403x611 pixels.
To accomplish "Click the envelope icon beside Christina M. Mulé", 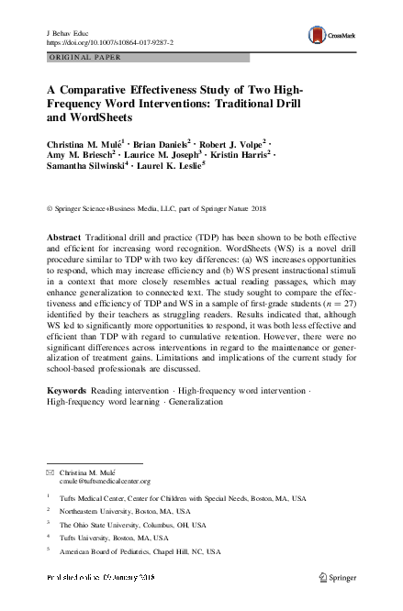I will click(50, 471).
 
